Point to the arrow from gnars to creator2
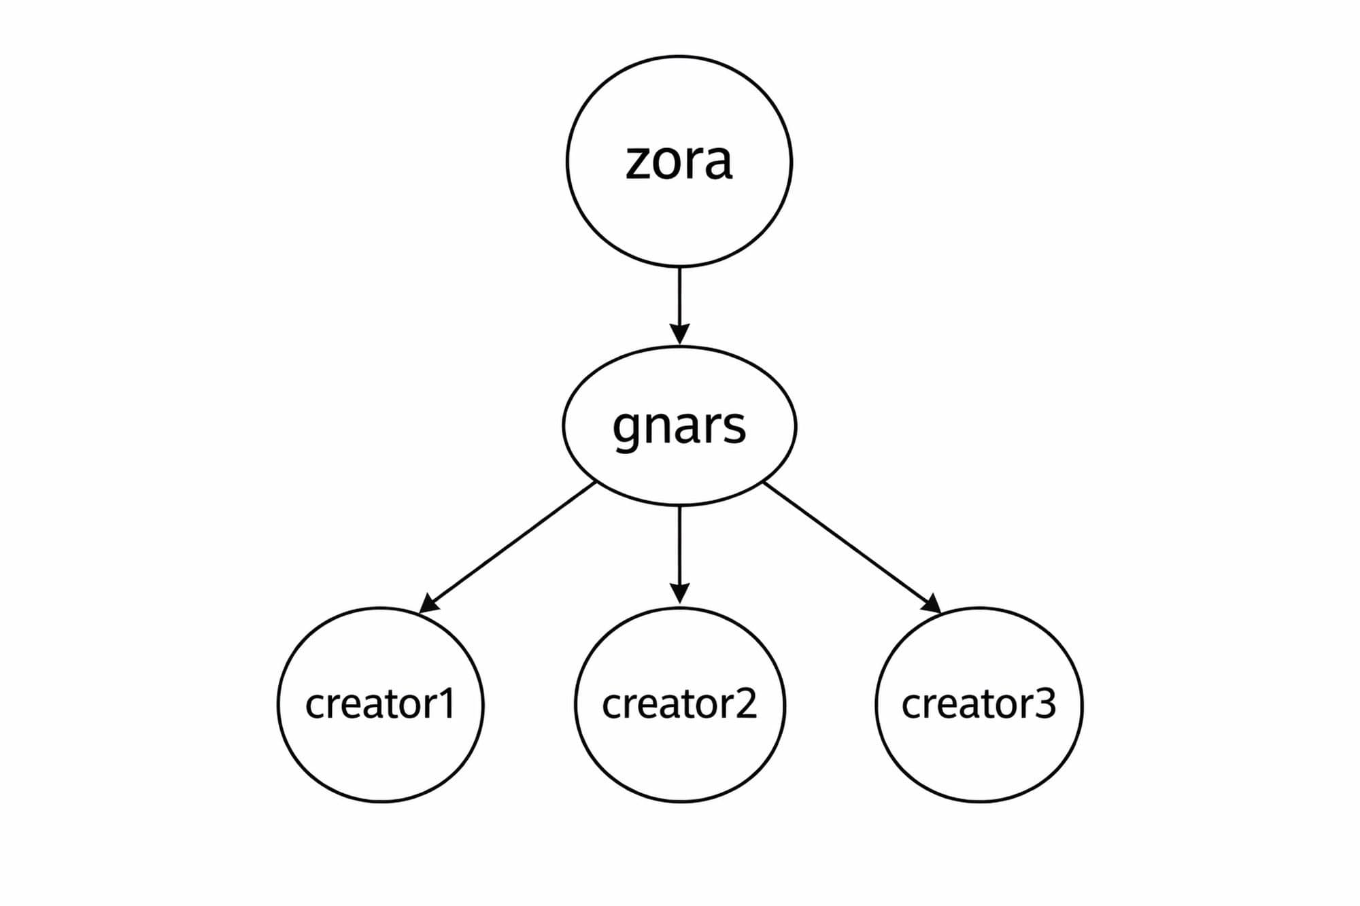(679, 544)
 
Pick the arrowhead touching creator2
(679, 593)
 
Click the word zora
(679, 162)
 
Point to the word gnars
(679, 427)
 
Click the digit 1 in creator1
(445, 703)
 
